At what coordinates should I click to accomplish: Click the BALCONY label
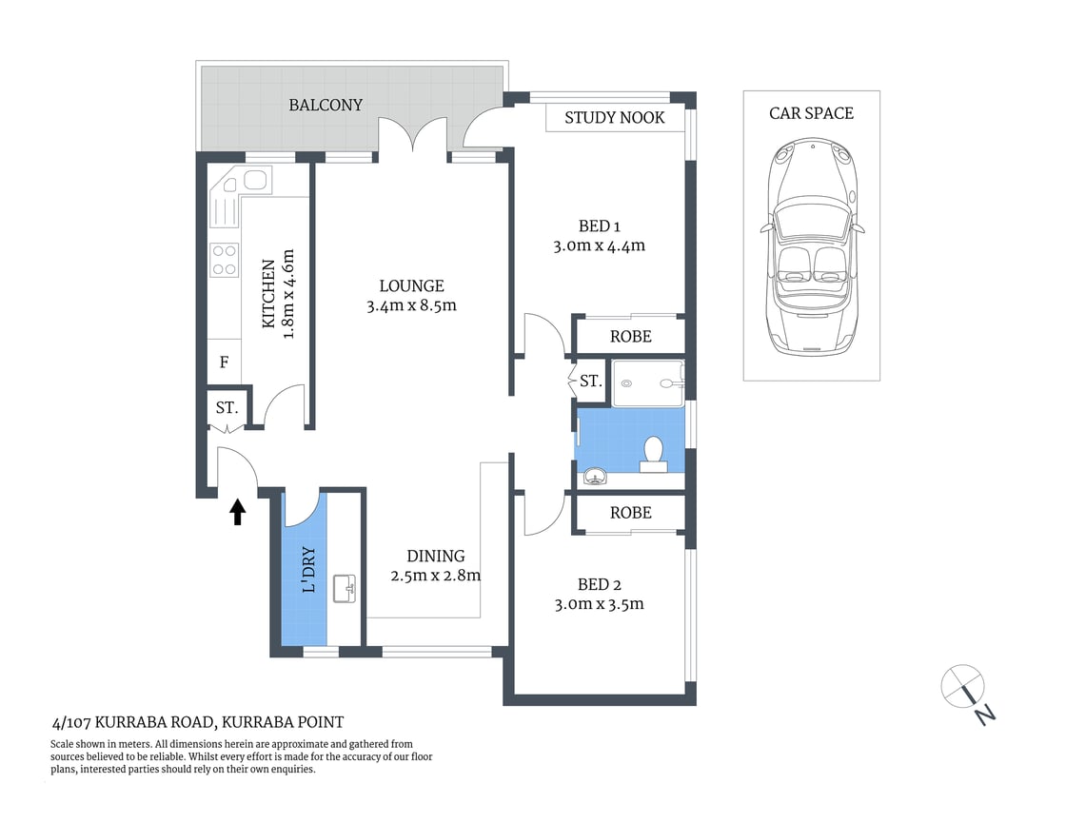coord(326,105)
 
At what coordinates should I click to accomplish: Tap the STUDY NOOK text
coord(615,118)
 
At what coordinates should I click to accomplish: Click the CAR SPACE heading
coord(811,113)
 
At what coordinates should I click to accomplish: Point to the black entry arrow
coord(237,513)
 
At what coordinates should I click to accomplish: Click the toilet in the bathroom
coord(654,453)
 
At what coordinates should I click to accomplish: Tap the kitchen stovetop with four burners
coord(224,261)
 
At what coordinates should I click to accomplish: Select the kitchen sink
coord(255,180)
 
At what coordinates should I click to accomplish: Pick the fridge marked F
coord(225,363)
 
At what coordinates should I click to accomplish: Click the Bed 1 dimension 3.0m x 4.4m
coord(600,245)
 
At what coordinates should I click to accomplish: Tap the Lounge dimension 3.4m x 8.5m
coord(411,305)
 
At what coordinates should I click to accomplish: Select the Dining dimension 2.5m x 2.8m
coord(435,575)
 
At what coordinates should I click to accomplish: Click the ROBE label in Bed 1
coord(630,336)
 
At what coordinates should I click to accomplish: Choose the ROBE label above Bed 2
coord(630,512)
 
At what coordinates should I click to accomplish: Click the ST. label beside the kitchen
coord(227,408)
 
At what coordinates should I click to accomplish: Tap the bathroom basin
coord(596,476)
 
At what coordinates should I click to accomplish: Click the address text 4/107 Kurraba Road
coord(197,722)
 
